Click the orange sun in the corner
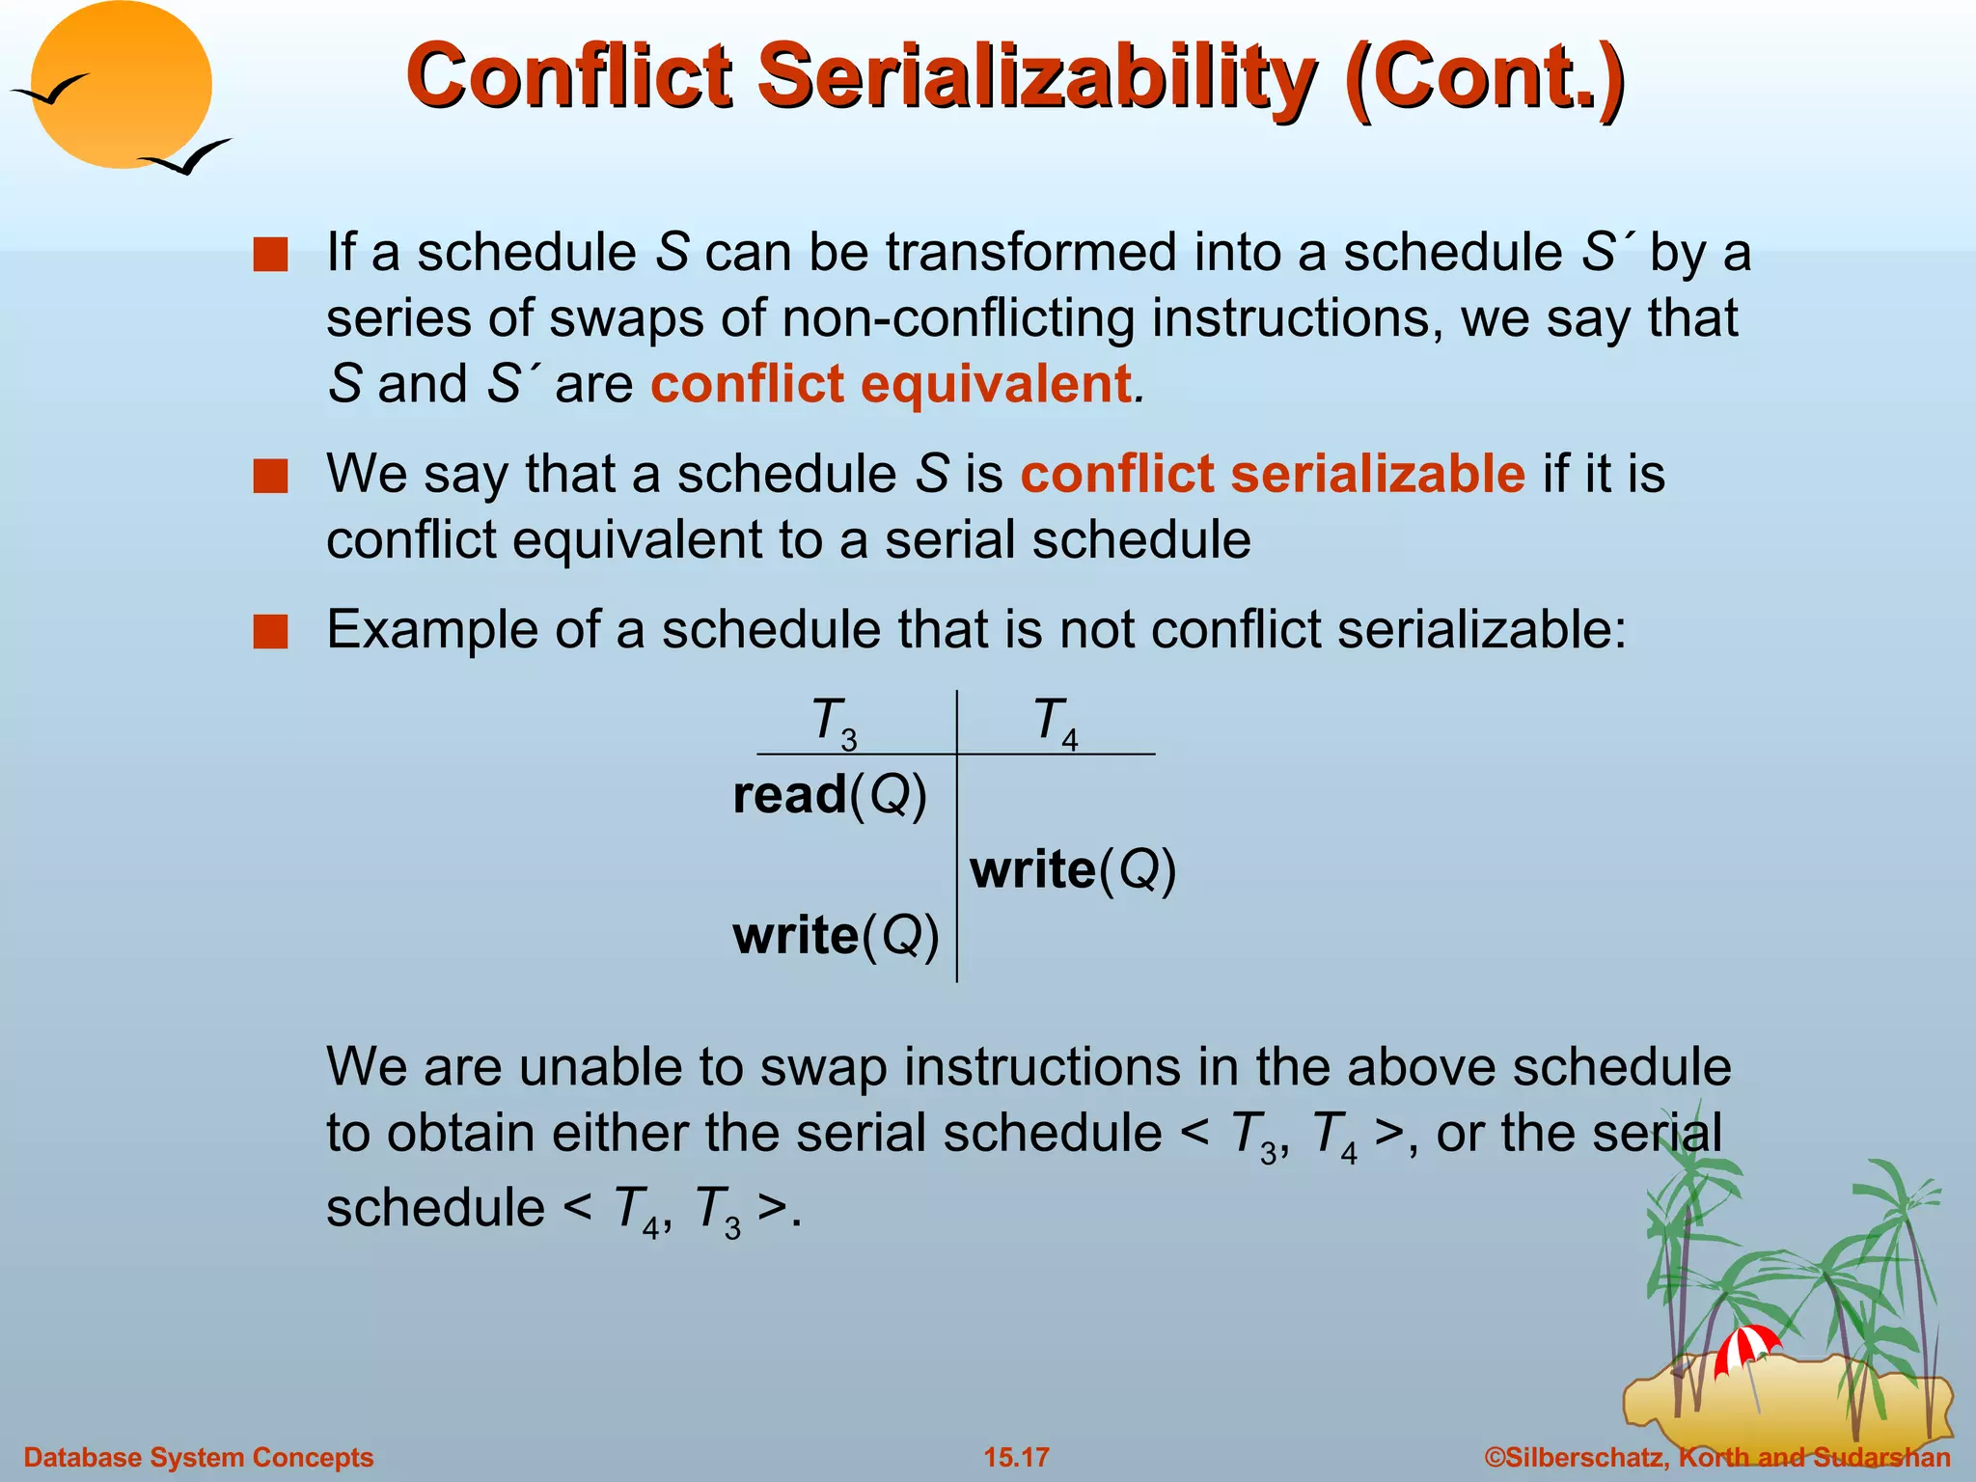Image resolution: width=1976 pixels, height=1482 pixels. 121,85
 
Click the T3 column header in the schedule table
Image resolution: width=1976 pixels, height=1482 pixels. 834,722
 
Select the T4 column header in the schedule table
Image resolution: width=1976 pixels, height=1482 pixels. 1055,722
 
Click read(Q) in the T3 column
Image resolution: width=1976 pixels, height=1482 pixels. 830,796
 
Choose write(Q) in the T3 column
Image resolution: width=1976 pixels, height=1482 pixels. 836,936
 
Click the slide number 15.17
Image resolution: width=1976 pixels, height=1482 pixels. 1016,1457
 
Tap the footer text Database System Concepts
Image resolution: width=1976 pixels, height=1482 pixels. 198,1457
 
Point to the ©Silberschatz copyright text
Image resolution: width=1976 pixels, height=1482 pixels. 1717,1457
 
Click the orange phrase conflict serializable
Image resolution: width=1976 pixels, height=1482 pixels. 1273,475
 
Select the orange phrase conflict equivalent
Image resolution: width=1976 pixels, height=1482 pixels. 891,384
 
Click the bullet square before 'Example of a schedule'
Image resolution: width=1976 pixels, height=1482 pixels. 271,632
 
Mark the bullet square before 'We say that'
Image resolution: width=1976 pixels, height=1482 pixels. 271,477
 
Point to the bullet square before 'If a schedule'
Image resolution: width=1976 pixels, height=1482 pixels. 271,256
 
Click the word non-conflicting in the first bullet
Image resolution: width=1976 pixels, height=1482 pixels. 958,318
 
